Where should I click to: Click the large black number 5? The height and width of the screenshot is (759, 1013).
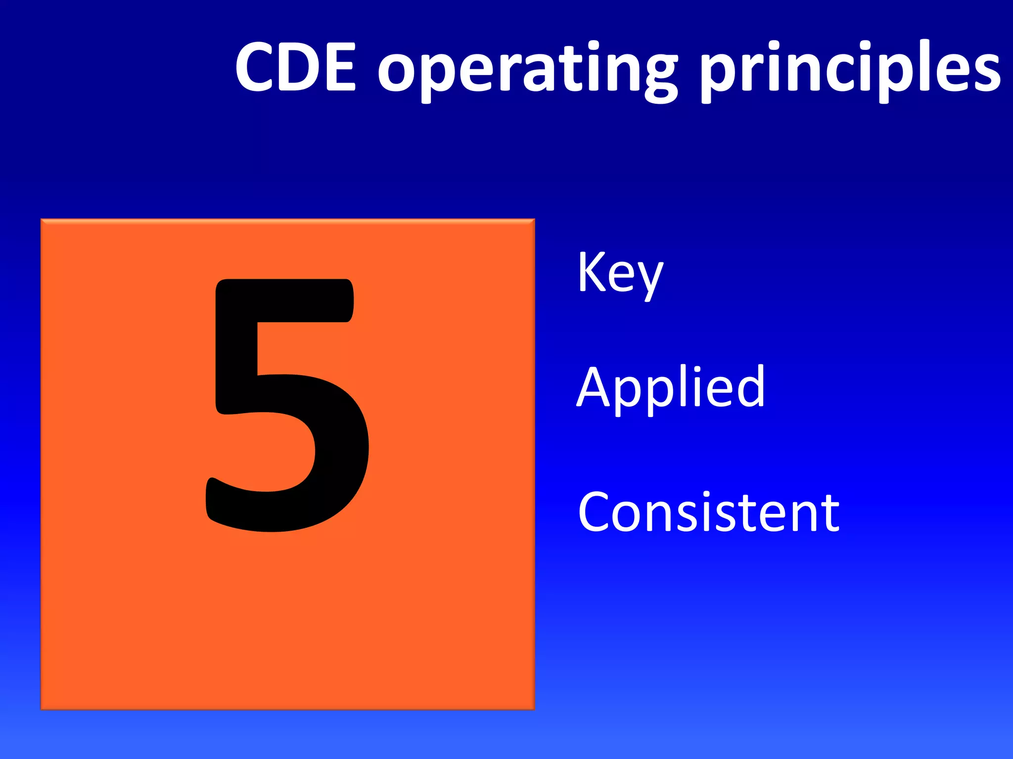click(287, 405)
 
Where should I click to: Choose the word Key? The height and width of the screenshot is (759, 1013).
click(620, 274)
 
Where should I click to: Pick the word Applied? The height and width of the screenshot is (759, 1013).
click(671, 388)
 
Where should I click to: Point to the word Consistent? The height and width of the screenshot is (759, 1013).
click(708, 512)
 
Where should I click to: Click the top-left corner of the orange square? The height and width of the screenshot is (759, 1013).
click(42, 220)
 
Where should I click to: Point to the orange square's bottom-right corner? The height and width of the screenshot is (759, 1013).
click(534, 709)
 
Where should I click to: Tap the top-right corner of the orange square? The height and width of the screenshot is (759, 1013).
click(534, 220)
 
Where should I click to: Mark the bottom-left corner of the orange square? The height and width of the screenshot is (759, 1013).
click(42, 709)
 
